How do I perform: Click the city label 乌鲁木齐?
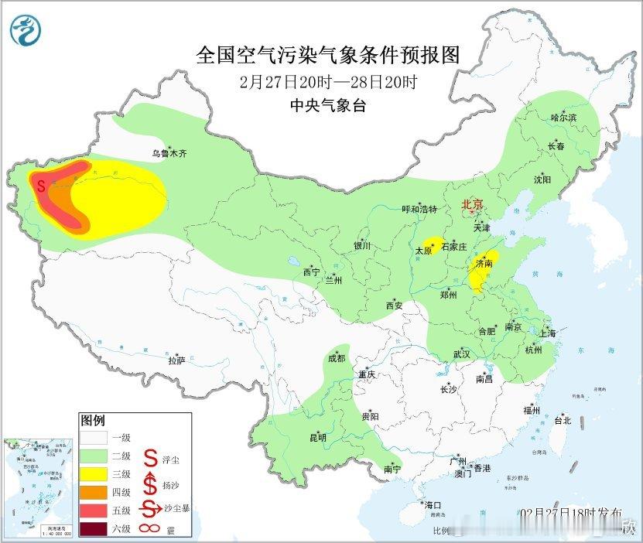169,154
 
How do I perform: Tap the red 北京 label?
472,205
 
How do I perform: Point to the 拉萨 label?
177,360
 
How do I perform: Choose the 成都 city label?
337,358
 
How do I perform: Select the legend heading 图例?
92,421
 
